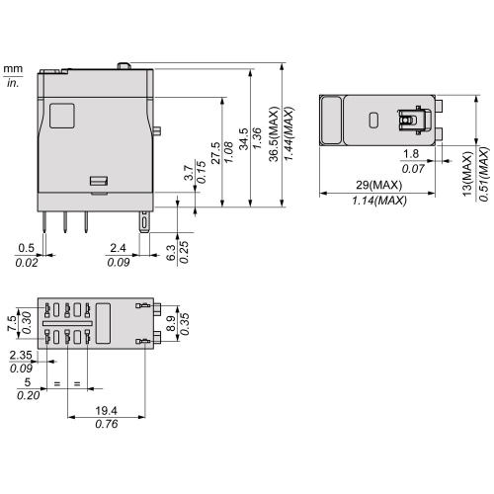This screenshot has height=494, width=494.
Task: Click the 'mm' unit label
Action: coord(13,69)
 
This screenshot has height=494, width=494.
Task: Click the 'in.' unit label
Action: coord(13,83)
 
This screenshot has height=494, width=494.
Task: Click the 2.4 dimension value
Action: coord(117,247)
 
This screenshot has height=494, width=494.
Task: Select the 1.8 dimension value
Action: coord(412,154)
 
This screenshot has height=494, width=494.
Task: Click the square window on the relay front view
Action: coord(60,116)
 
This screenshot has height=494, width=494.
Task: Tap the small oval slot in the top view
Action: coord(373,121)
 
